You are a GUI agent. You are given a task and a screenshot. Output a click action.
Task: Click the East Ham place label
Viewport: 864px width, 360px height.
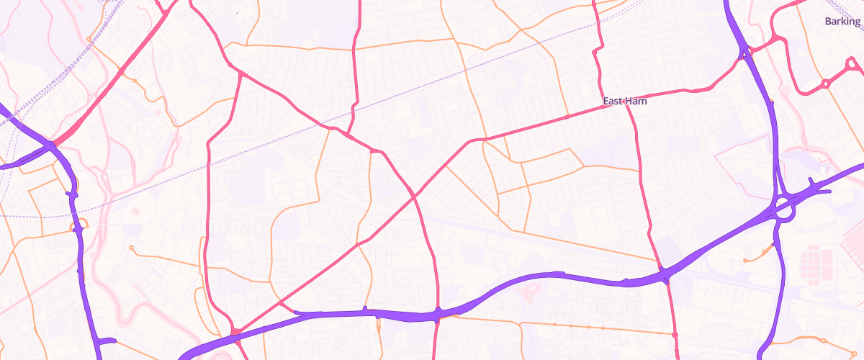624,102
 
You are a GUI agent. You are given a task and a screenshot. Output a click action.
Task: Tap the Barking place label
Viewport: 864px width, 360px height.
842,22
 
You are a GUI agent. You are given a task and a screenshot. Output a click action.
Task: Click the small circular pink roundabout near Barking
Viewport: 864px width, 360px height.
826,84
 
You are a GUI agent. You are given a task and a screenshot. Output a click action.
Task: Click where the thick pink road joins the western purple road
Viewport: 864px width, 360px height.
53,145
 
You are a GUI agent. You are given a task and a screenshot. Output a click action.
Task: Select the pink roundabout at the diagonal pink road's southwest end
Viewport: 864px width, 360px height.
235,331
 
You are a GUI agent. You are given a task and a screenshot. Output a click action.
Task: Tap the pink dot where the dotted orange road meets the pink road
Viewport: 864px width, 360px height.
675,335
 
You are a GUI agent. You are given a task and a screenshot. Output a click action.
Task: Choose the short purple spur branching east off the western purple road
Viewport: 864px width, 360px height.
107,341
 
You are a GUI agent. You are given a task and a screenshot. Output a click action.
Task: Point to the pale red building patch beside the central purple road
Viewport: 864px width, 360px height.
531,292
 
